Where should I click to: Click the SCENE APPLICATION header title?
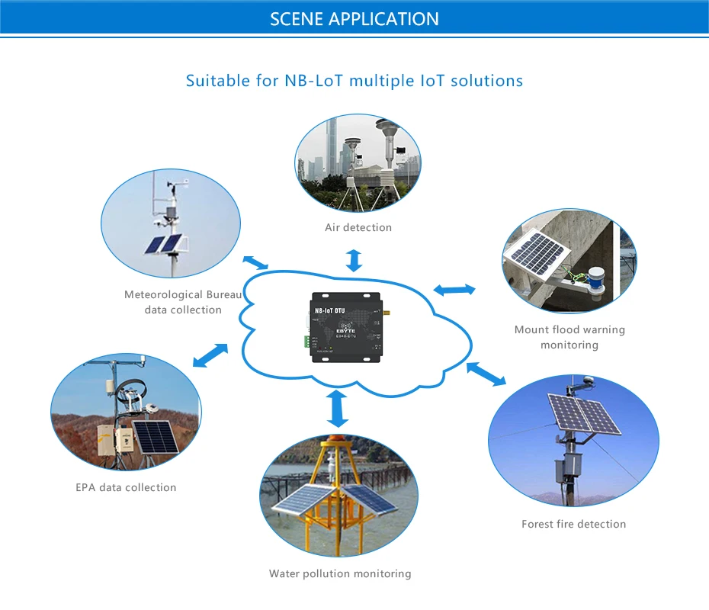[x=354, y=19]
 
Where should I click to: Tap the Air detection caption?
[x=358, y=227]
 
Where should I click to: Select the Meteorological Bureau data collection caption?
[x=184, y=302]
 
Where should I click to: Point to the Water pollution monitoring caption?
[x=340, y=573]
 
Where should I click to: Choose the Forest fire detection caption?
[x=573, y=524]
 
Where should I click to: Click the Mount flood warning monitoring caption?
[x=569, y=337]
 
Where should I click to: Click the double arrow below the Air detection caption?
[x=354, y=260]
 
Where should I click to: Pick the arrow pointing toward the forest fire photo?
[x=486, y=374]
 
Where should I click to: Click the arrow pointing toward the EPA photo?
[x=210, y=355]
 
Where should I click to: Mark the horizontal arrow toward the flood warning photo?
[x=454, y=290]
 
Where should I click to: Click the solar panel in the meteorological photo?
[x=162, y=245]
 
